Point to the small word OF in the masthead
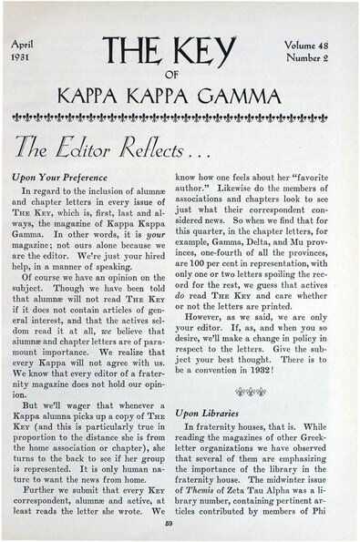(x=179, y=76)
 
